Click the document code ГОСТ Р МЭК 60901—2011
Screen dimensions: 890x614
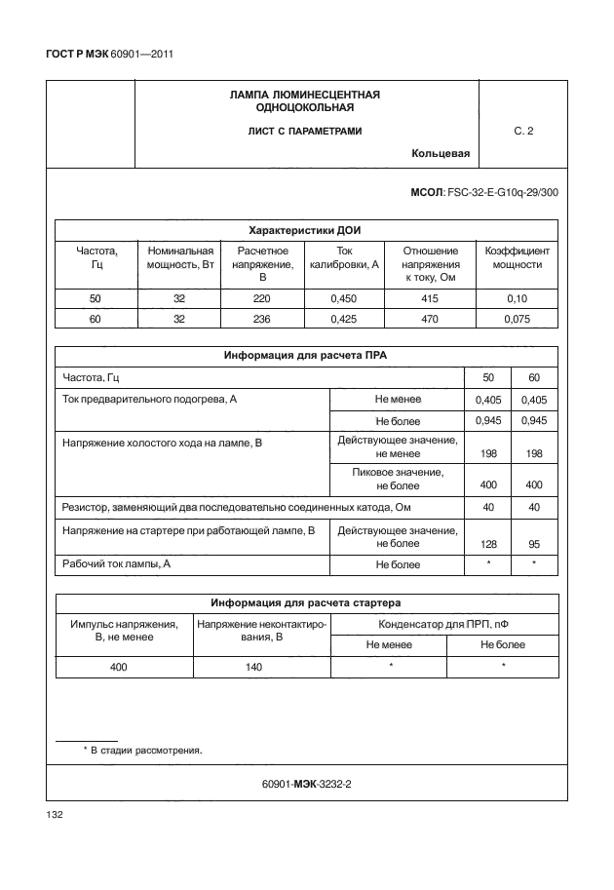[x=109, y=54]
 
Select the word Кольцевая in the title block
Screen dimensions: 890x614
[x=441, y=153]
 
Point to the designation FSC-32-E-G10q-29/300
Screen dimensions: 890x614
[x=502, y=193]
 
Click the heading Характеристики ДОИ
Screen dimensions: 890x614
[x=306, y=230]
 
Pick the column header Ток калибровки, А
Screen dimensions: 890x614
[x=343, y=257]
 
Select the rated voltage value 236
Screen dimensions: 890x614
[x=261, y=318]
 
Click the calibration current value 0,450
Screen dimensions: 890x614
[x=343, y=298]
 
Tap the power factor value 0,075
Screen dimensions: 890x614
[x=517, y=318]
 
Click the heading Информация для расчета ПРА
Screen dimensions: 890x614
[x=306, y=356]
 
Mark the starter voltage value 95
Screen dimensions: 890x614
[x=533, y=543]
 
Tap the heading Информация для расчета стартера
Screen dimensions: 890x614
[x=306, y=602]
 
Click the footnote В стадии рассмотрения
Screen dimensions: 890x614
[x=146, y=751]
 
